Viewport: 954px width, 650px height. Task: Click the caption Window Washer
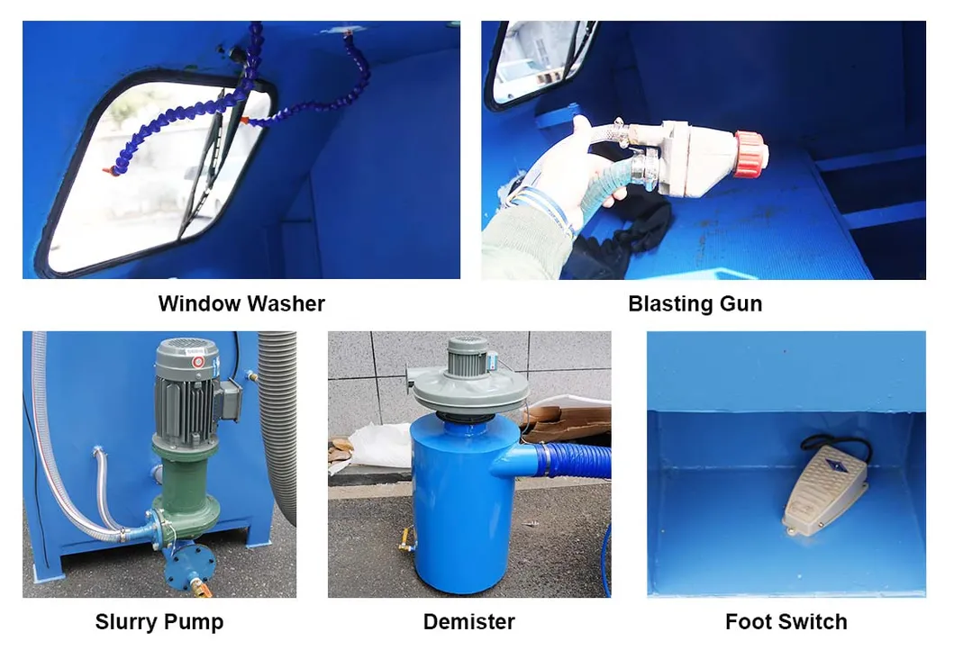[x=241, y=303]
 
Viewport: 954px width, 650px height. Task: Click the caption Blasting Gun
[x=695, y=303]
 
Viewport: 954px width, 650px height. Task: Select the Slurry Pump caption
[x=159, y=621]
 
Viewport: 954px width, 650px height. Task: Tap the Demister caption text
[x=468, y=621]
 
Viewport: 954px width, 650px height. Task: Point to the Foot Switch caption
[x=786, y=621]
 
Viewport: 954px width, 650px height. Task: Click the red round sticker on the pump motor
[x=198, y=361]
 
